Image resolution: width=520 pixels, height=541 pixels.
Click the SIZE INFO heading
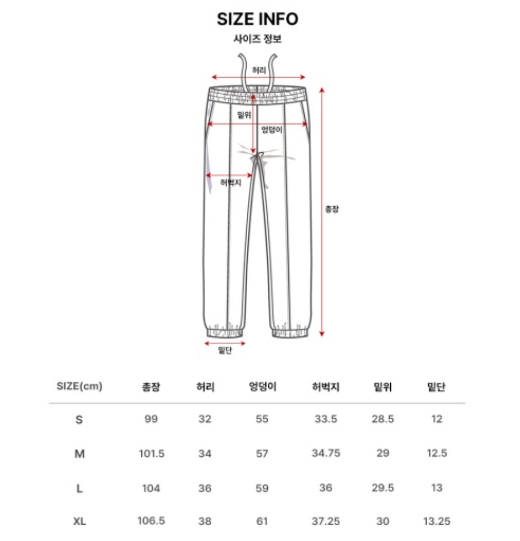(x=257, y=19)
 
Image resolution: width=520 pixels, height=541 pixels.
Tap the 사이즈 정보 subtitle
(x=258, y=39)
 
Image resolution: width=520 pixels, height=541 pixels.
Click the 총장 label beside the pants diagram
(x=332, y=209)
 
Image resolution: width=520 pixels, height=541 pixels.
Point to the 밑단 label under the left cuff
(x=225, y=350)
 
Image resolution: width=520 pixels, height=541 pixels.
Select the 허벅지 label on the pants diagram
(x=231, y=183)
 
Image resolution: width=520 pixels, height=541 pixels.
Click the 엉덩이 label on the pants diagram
(x=272, y=130)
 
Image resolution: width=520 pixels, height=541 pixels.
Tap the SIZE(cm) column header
(x=79, y=386)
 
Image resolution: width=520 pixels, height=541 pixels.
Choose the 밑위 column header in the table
(x=383, y=387)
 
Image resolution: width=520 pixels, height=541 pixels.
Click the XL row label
(x=79, y=521)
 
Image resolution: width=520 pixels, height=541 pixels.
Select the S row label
(x=79, y=420)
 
